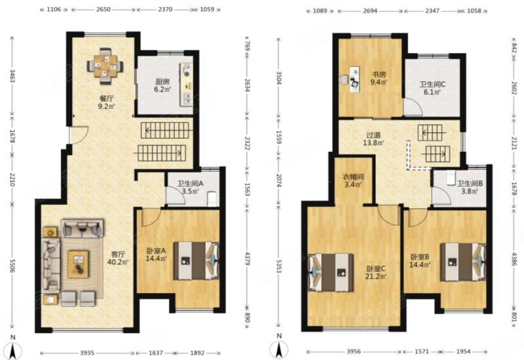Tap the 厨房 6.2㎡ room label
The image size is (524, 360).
click(162, 85)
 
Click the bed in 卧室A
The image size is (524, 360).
click(196, 261)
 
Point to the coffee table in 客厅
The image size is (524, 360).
click(78, 264)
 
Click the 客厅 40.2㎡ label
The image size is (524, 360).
click(118, 258)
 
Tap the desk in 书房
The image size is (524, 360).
click(355, 79)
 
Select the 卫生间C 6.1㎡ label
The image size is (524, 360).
click(432, 88)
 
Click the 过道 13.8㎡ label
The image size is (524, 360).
click(373, 139)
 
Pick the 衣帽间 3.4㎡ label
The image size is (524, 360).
click(353, 181)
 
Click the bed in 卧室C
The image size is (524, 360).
click(331, 272)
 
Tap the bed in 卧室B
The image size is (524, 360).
click(463, 262)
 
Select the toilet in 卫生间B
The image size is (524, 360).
click(451, 177)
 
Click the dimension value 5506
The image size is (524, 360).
click(12, 265)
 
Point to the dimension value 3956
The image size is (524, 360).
click(354, 351)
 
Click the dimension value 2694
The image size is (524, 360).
click(370, 10)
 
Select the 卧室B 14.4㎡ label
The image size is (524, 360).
click(420, 261)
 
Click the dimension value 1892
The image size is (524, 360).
click(197, 353)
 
